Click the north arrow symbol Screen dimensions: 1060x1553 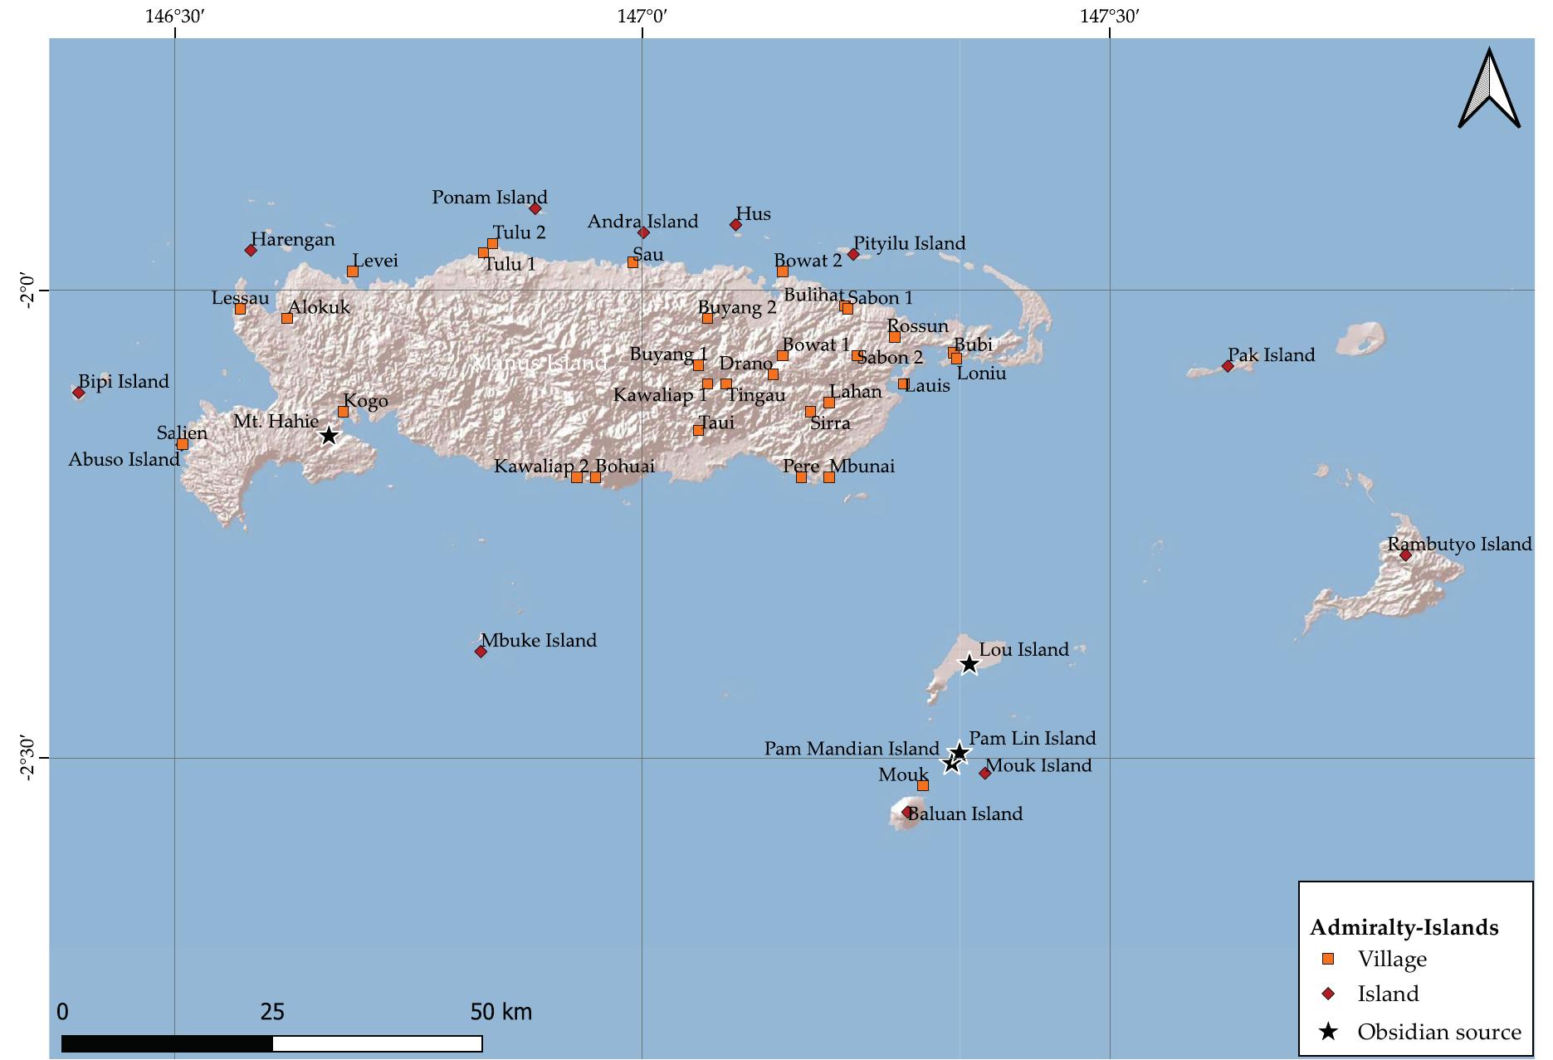1489,88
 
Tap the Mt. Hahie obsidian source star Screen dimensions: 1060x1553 329,435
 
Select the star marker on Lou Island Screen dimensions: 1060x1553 969,663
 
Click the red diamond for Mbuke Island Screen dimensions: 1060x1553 481,652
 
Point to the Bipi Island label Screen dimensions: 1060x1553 124,382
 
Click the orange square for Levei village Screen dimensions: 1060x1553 352,271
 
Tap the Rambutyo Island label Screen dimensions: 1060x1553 1459,545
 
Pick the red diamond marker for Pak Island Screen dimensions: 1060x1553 1228,366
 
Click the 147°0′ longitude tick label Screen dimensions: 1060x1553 642,16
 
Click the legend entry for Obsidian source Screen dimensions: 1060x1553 1438,1032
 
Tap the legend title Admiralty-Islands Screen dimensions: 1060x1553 1404,927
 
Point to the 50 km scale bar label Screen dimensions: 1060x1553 501,1012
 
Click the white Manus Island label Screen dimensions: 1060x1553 540,364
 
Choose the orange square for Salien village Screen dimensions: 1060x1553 183,444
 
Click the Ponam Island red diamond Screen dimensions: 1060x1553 535,208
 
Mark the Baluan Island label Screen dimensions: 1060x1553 965,814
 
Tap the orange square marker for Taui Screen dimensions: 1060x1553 698,430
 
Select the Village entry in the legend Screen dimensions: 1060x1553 1392,959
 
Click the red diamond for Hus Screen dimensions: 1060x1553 735,224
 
